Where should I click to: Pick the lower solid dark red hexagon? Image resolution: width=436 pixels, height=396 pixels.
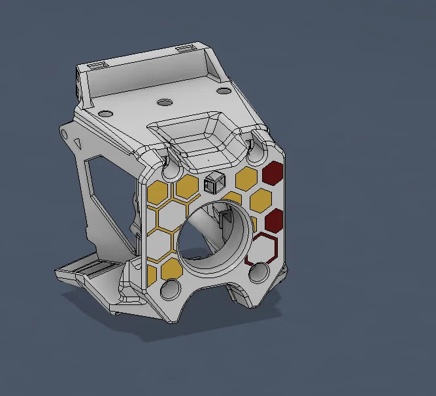click(274, 219)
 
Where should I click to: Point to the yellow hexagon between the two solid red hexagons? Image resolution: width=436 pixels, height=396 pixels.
click(261, 200)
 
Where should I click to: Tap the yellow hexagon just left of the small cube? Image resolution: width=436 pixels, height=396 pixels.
click(187, 187)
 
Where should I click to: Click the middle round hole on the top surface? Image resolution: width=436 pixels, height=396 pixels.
click(164, 101)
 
